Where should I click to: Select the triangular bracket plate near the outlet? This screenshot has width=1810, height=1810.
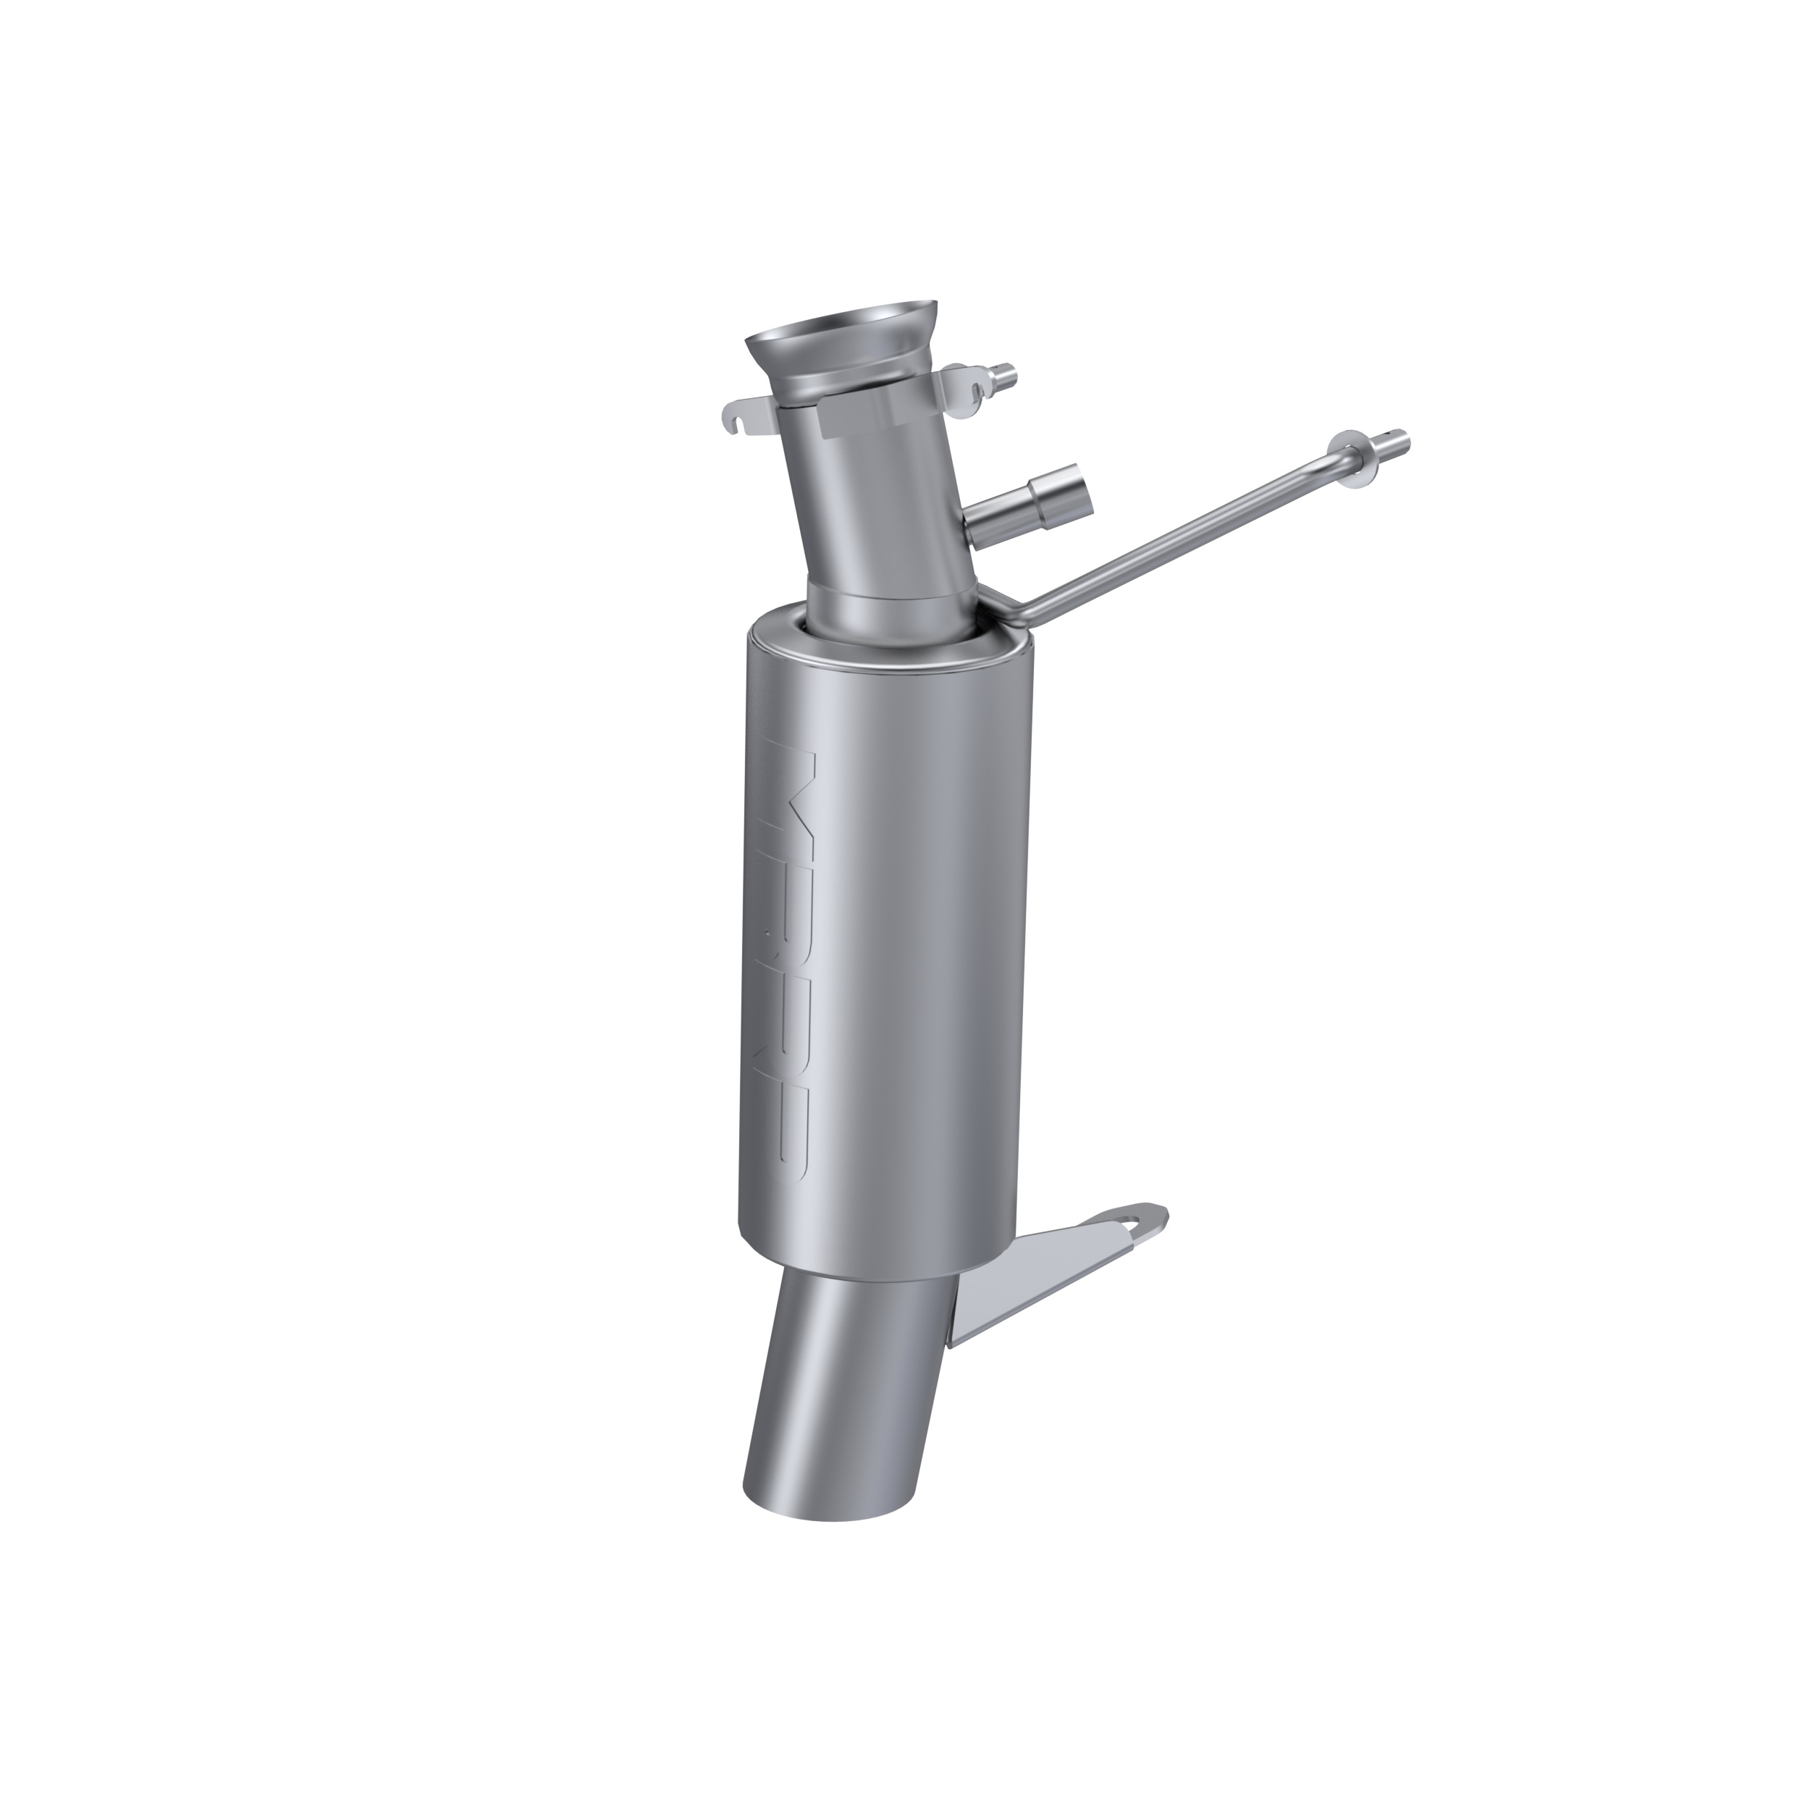pos(1021,1284)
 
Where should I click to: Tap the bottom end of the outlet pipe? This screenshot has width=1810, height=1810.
pos(801,1508)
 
